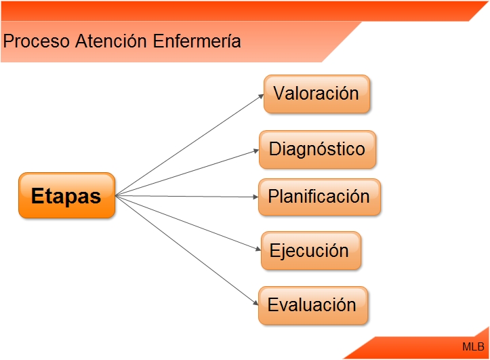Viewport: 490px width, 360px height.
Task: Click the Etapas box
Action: point(66,195)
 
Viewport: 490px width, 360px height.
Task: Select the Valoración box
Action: point(317,94)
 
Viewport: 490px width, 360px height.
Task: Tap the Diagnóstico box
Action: point(317,149)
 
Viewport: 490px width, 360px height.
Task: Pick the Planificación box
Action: point(319,197)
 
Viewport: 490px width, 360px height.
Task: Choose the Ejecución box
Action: point(310,251)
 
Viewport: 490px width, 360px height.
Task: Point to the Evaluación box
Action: point(312,305)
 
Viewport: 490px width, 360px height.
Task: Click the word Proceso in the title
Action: point(36,41)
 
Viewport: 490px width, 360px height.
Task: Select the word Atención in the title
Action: point(110,41)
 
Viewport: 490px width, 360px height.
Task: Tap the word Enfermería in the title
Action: point(197,41)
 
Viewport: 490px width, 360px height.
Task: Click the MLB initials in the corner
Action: point(473,346)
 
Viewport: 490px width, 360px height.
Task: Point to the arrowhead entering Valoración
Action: point(261,96)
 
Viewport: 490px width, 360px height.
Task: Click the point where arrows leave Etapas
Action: point(117,196)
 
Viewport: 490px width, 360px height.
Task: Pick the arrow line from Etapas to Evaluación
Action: point(186,250)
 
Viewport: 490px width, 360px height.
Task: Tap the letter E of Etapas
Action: point(38,196)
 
